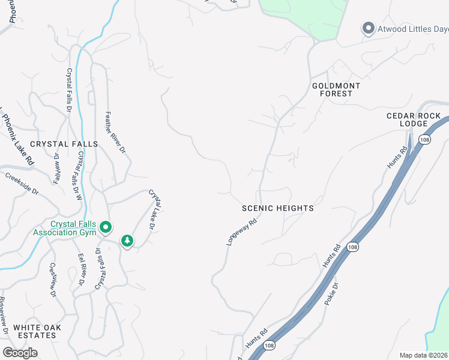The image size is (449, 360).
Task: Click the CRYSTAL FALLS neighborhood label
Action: pyautogui.click(x=64, y=144)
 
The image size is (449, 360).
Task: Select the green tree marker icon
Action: pyautogui.click(x=127, y=241)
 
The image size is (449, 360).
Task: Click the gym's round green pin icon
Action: pyautogui.click(x=106, y=227)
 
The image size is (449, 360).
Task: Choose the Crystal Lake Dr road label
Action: pyautogui.click(x=155, y=209)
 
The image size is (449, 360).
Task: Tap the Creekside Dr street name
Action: pyautogui.click(x=22, y=184)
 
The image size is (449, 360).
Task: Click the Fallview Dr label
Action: pyautogui.click(x=58, y=167)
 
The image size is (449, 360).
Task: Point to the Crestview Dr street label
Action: pyautogui.click(x=53, y=280)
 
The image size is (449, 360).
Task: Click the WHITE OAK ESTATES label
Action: pyautogui.click(x=35, y=331)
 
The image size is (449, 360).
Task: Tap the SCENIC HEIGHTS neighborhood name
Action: pyautogui.click(x=277, y=208)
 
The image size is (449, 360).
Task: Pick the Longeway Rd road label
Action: pyautogui.click(x=242, y=232)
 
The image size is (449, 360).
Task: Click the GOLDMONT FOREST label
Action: pyautogui.click(x=336, y=89)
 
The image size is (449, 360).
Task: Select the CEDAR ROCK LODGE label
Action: pyautogui.click(x=414, y=119)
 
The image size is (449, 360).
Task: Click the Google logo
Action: pyautogui.click(x=20, y=353)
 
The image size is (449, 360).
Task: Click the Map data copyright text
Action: pyautogui.click(x=424, y=355)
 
